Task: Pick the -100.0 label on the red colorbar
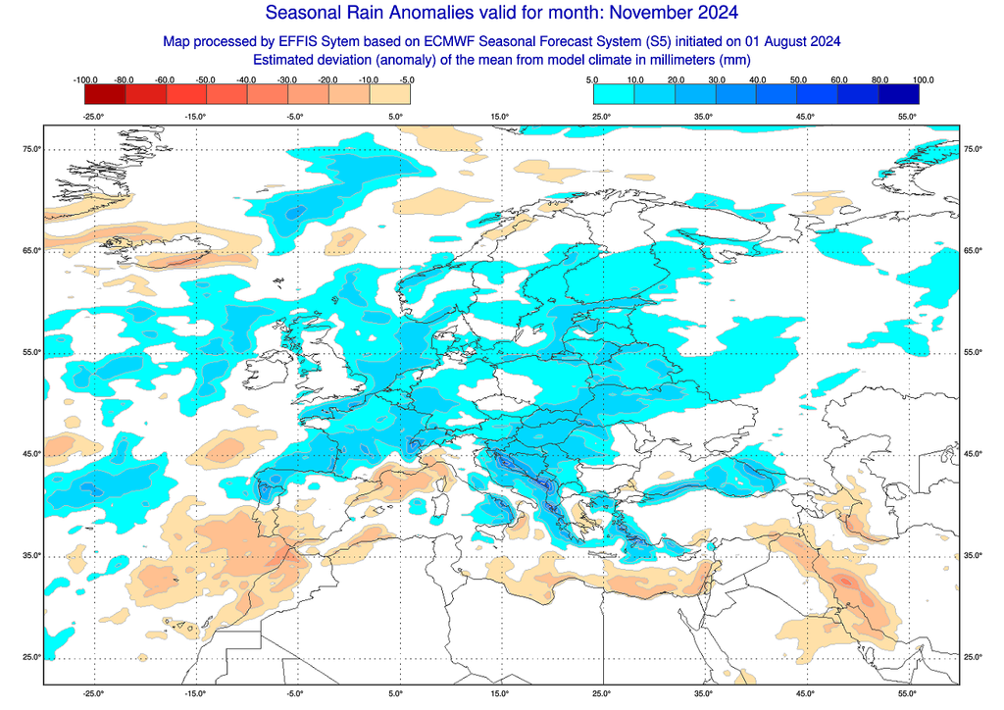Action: tap(86, 79)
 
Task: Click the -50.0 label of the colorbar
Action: tap(208, 79)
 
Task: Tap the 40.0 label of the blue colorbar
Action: tap(757, 79)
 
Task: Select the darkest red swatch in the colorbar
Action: tap(106, 94)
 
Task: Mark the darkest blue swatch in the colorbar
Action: tap(899, 94)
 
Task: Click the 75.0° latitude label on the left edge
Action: tap(31, 149)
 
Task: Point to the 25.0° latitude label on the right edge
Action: tap(972, 657)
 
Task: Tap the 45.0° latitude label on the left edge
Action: tap(31, 454)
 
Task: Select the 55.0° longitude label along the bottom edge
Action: tap(907, 693)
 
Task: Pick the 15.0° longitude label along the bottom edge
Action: tap(499, 693)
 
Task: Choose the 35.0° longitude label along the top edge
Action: tap(703, 117)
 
